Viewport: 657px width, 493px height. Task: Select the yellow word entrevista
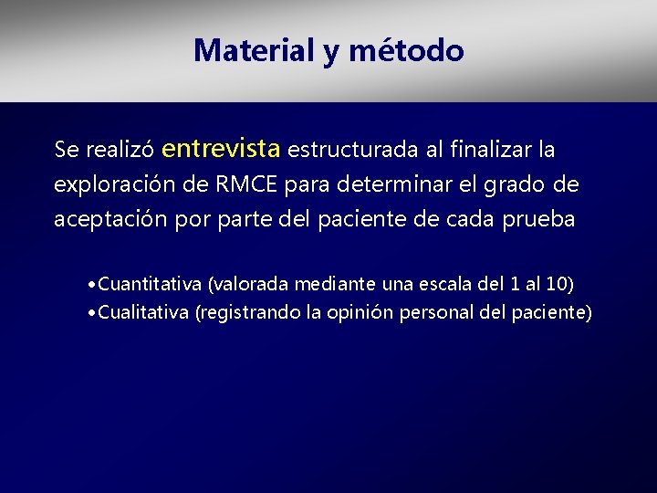223,147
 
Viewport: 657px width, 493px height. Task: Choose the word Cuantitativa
151,284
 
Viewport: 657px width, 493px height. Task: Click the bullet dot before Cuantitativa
93,285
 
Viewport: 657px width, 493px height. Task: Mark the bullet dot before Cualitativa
93,313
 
